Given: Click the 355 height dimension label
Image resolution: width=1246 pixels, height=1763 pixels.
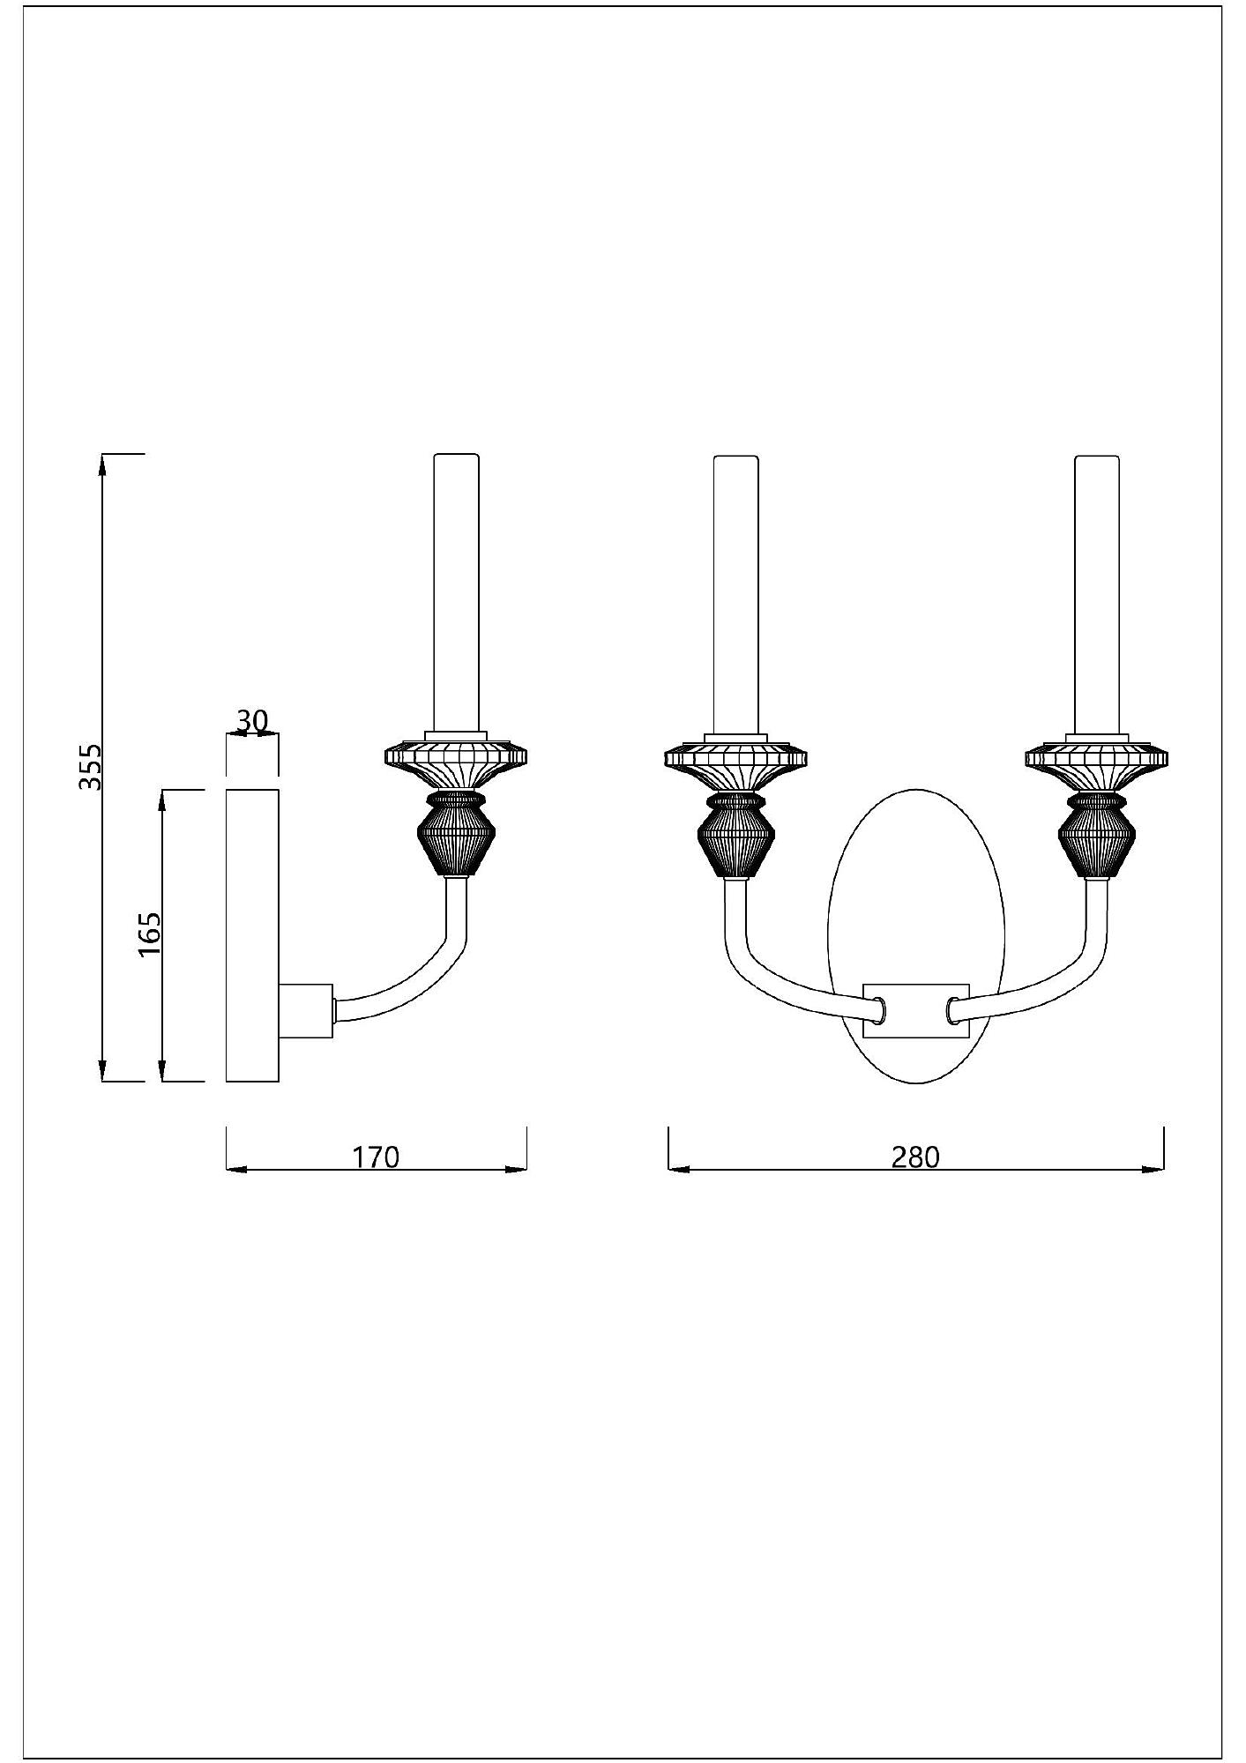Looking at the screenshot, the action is pos(90,766).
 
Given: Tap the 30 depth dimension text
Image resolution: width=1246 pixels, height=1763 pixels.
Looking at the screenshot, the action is pos(251,720).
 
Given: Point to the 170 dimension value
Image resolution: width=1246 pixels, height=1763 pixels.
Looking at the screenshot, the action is pos(377,1156).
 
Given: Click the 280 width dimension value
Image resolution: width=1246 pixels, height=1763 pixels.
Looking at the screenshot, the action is pos(915,1156).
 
